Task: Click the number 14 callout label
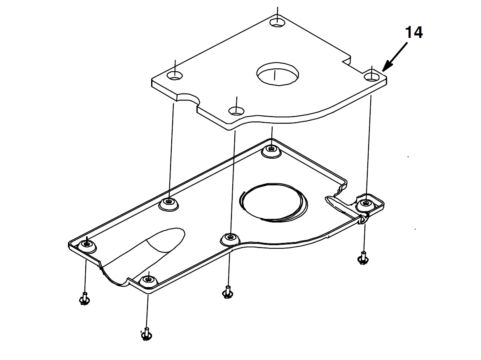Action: (x=414, y=32)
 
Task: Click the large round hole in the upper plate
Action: (x=277, y=74)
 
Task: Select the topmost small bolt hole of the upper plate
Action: (x=277, y=22)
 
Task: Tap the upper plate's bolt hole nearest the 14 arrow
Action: (x=371, y=76)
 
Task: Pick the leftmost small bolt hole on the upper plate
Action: (x=175, y=75)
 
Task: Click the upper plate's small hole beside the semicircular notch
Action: (x=236, y=110)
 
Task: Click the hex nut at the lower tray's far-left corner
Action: (x=87, y=245)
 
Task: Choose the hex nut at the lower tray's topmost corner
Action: (x=271, y=150)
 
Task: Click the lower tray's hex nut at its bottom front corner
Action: (x=148, y=281)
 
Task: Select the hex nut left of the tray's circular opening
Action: (x=168, y=203)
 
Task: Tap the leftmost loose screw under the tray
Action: (x=84, y=298)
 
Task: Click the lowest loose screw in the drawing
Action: (x=146, y=334)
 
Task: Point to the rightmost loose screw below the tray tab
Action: (x=363, y=258)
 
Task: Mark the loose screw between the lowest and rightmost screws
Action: (x=227, y=292)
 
